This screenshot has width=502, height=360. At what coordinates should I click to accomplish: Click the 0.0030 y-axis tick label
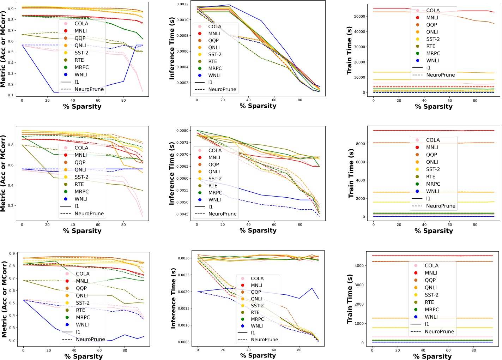click(183, 258)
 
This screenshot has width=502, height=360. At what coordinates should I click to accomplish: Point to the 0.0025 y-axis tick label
click(183, 275)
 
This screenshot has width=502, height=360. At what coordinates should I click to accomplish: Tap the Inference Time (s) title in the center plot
click(172, 174)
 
